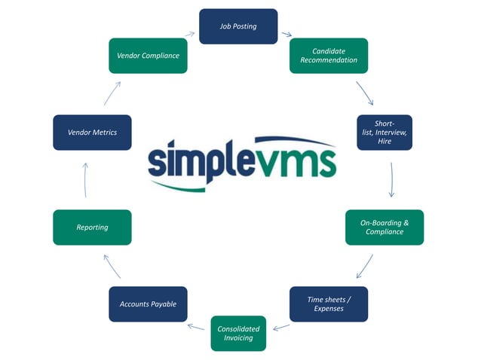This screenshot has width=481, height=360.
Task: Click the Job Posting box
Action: pos(238,26)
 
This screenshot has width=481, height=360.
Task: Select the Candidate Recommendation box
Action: pos(329,56)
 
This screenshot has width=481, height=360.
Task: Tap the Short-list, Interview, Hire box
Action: pos(384,133)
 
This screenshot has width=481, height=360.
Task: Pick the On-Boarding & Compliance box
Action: pos(384,227)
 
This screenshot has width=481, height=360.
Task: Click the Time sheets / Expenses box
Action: pos(329,304)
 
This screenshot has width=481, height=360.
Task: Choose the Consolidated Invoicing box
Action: pos(238,334)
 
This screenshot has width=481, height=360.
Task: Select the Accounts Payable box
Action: pos(148,304)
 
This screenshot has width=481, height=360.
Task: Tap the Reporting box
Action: pos(92,227)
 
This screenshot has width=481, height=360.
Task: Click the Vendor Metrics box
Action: pos(92,133)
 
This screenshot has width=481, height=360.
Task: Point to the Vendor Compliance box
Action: pos(148,56)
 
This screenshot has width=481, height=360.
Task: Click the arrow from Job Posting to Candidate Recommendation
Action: pos(286,33)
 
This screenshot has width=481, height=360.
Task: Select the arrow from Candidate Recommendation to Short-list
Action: pos(365,93)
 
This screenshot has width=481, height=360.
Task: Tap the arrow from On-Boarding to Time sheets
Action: pos(365,266)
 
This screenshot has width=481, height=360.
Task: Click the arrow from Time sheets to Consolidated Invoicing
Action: pos(281,327)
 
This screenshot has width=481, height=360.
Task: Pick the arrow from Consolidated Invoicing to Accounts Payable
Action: pos(196,327)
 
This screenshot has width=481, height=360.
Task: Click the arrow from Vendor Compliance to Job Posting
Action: pos(190,34)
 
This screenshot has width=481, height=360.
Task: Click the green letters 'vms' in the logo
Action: pos(296,159)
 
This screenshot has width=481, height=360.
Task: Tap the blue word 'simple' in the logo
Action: pos(201,160)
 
